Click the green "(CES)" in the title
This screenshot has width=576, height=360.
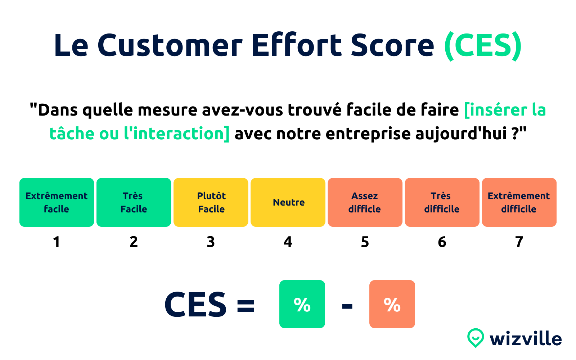[x=483, y=46]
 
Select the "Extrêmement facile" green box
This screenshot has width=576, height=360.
[x=57, y=202]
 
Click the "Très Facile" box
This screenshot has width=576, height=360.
[x=134, y=202]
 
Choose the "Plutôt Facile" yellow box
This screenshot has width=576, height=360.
[x=211, y=202]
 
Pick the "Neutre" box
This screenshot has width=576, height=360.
[x=288, y=202]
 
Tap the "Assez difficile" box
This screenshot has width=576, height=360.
[x=365, y=202]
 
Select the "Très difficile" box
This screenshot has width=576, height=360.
[x=442, y=202]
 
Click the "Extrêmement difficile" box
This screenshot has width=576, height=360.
[x=519, y=202]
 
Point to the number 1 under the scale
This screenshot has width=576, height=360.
[x=57, y=242]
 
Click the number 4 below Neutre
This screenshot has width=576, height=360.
[x=288, y=242]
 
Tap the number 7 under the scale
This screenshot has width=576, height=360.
[x=519, y=242]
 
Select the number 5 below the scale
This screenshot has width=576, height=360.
[x=365, y=242]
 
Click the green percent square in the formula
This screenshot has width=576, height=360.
[x=302, y=304]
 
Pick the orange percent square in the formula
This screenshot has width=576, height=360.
[x=392, y=304]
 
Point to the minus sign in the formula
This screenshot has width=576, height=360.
[x=347, y=306]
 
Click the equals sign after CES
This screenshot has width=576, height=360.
[x=246, y=306]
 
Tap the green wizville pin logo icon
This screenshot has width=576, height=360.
[x=475, y=338]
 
